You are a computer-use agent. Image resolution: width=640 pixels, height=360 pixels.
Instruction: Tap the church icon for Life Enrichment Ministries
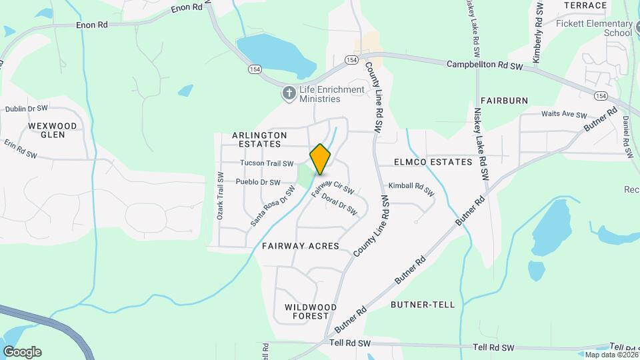(x=289, y=93)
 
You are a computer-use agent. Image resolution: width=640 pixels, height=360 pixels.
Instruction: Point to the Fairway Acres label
(x=300, y=246)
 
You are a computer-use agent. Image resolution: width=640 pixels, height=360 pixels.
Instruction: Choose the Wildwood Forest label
(x=307, y=311)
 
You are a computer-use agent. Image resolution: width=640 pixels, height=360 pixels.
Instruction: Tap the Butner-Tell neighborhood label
(x=423, y=305)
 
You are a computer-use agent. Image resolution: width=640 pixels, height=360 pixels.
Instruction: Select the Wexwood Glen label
(x=53, y=130)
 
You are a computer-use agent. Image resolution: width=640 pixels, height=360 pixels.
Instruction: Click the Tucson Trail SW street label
(x=267, y=163)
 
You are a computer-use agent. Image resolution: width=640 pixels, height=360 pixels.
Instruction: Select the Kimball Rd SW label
(x=411, y=189)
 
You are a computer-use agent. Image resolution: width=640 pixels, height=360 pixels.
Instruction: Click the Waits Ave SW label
(x=564, y=114)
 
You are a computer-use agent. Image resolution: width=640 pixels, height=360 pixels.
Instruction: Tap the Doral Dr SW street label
(x=339, y=203)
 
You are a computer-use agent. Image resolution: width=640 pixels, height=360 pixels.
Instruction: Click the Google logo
(x=22, y=352)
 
